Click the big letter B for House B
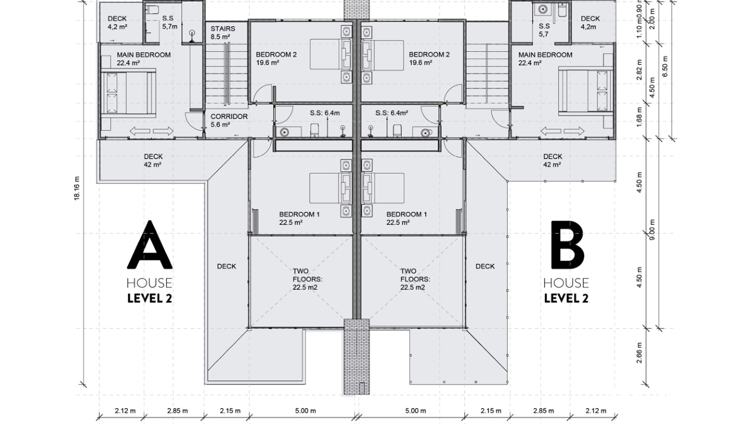click(x=567, y=245)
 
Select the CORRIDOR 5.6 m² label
click(x=229, y=121)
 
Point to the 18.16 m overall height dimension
click(x=77, y=188)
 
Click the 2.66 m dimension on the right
click(x=640, y=353)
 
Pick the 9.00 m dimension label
click(x=652, y=230)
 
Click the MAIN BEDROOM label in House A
click(x=144, y=55)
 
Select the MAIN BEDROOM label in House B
click(x=545, y=55)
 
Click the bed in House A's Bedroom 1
click(x=330, y=188)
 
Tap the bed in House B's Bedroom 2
click(x=383, y=55)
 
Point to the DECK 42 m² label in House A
click(x=153, y=161)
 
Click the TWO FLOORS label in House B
click(x=415, y=275)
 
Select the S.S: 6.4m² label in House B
click(x=392, y=113)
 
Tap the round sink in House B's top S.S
click(x=542, y=9)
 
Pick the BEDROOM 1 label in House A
click(x=299, y=214)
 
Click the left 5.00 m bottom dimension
click(x=305, y=410)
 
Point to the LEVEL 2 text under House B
click(x=567, y=299)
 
